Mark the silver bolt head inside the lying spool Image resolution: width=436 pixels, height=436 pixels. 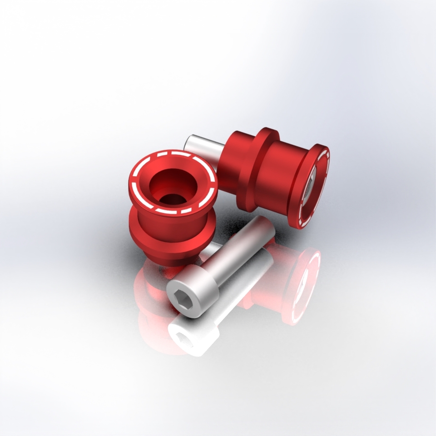point(308,186)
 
